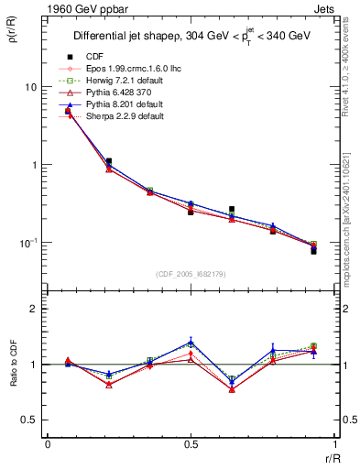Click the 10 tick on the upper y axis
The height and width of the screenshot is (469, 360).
click(x=30, y=87)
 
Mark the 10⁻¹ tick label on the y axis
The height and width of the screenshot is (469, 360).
click(x=27, y=243)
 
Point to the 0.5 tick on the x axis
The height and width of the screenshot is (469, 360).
click(x=191, y=444)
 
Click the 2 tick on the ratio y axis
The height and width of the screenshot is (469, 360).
click(x=34, y=309)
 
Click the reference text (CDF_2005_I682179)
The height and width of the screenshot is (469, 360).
click(x=191, y=274)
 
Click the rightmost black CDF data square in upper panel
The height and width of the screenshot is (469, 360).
click(x=313, y=250)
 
